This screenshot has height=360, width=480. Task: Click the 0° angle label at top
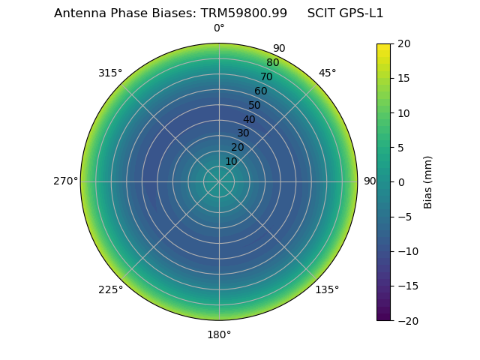coord(219,28)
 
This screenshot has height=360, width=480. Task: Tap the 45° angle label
coord(327,73)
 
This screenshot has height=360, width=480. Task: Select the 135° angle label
coord(327,289)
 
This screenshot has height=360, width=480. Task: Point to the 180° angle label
coord(219,334)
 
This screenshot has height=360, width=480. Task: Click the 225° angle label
coord(110,289)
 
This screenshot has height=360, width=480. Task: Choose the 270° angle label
coord(65,181)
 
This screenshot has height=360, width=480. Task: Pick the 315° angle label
coord(110,73)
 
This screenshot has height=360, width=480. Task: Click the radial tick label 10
coord(231,161)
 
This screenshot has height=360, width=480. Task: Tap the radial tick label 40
coord(249,119)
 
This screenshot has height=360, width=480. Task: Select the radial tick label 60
coord(261,91)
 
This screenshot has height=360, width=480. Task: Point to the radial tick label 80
coord(273,63)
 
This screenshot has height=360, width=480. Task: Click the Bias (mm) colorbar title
coord(428,182)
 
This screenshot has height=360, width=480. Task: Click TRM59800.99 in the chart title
coord(244,13)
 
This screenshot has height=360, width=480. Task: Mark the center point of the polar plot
coord(219,181)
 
